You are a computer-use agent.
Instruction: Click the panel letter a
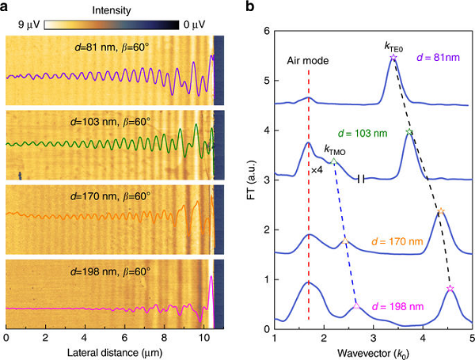7,7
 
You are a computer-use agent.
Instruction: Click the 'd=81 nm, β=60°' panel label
110,47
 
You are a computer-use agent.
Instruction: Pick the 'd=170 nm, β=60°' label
110,195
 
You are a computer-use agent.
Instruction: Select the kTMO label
336,149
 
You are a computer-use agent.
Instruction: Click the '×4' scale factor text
316,169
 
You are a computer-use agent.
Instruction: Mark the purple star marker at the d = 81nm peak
393,58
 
